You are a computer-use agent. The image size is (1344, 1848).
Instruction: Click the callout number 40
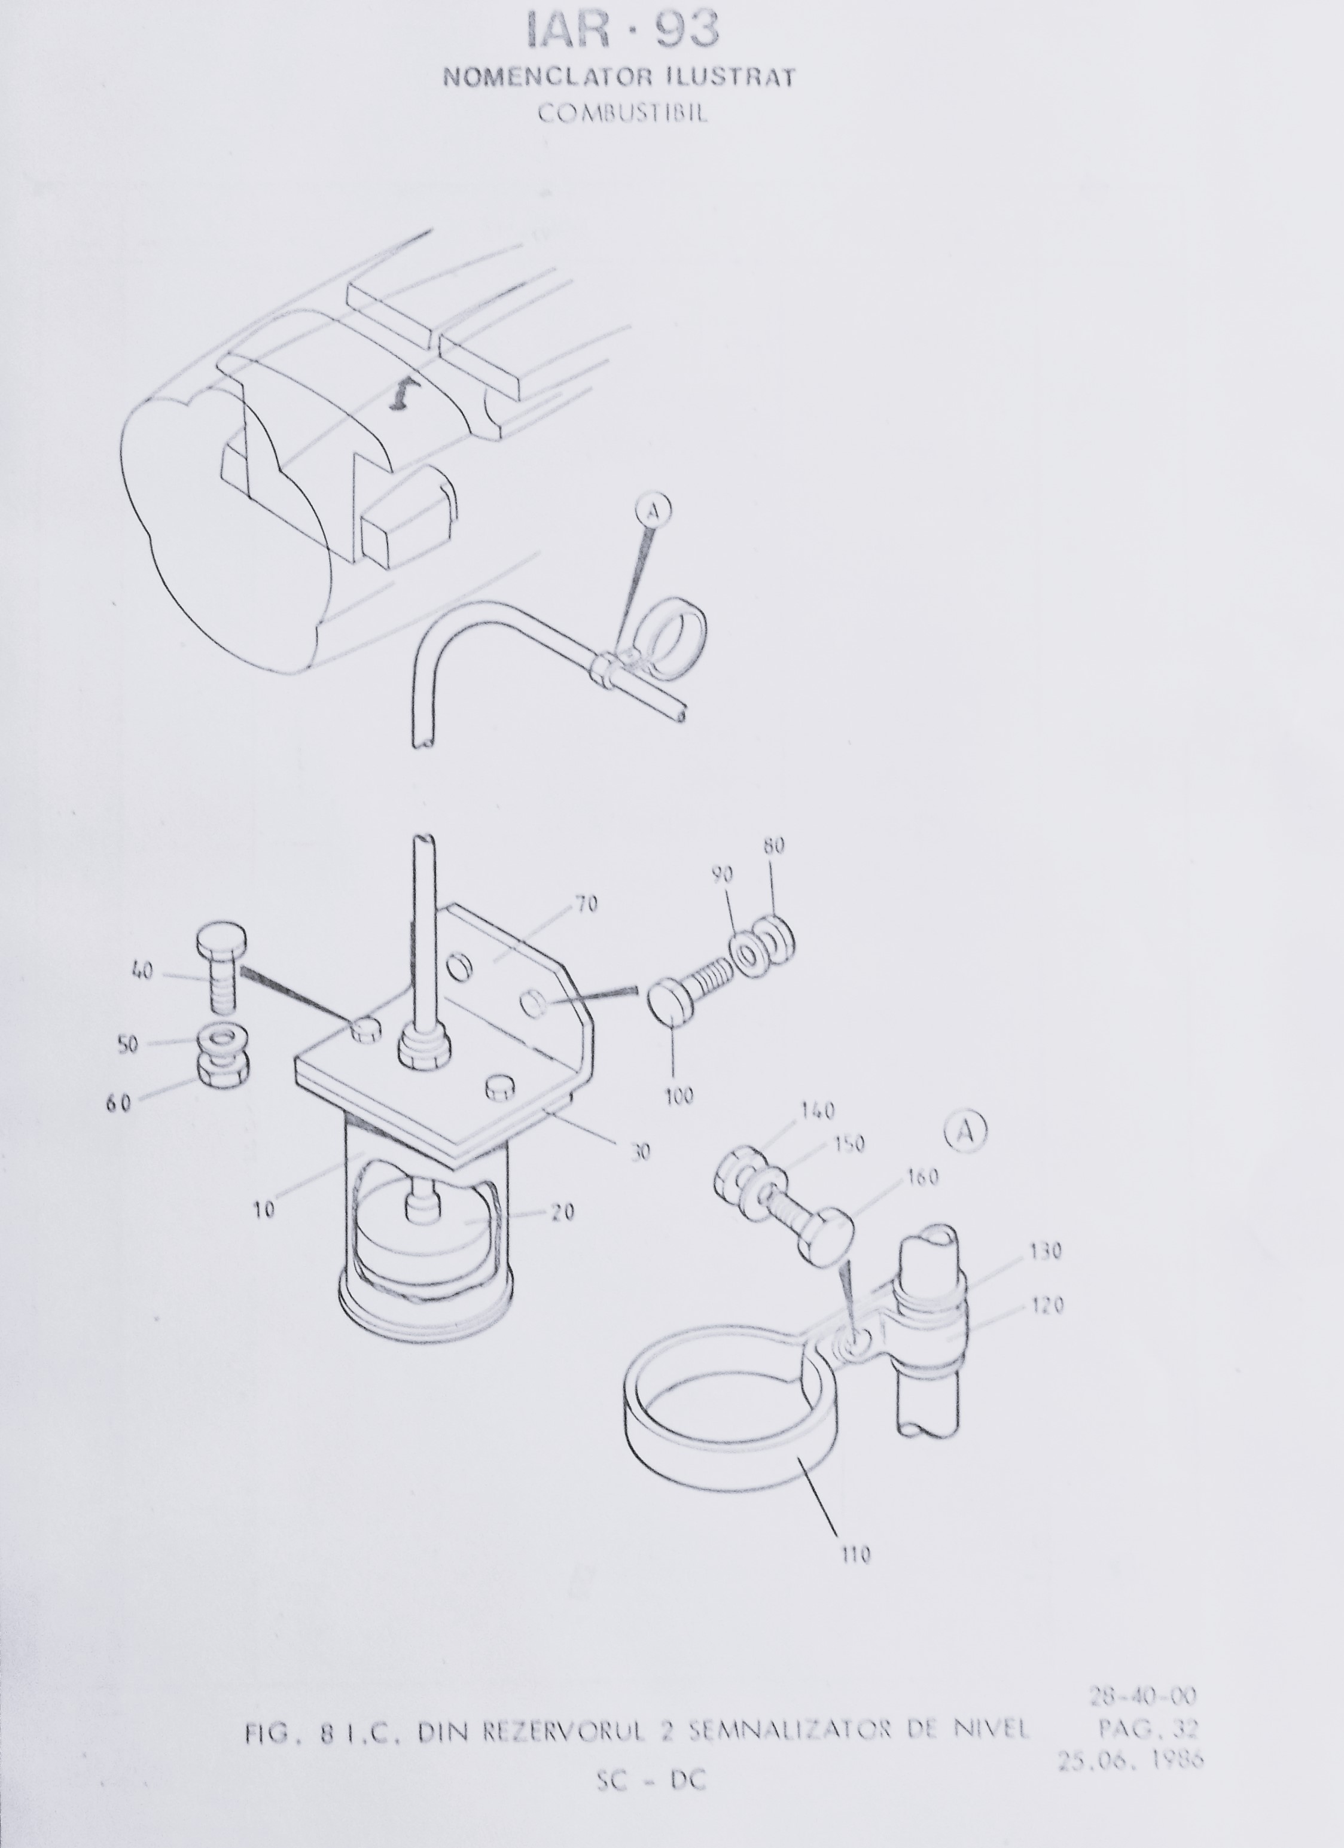point(142,971)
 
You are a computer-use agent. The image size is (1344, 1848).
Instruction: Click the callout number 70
point(587,904)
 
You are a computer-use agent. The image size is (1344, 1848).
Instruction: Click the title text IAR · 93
point(623,32)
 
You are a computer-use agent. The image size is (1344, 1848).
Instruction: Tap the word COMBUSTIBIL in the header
point(623,112)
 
